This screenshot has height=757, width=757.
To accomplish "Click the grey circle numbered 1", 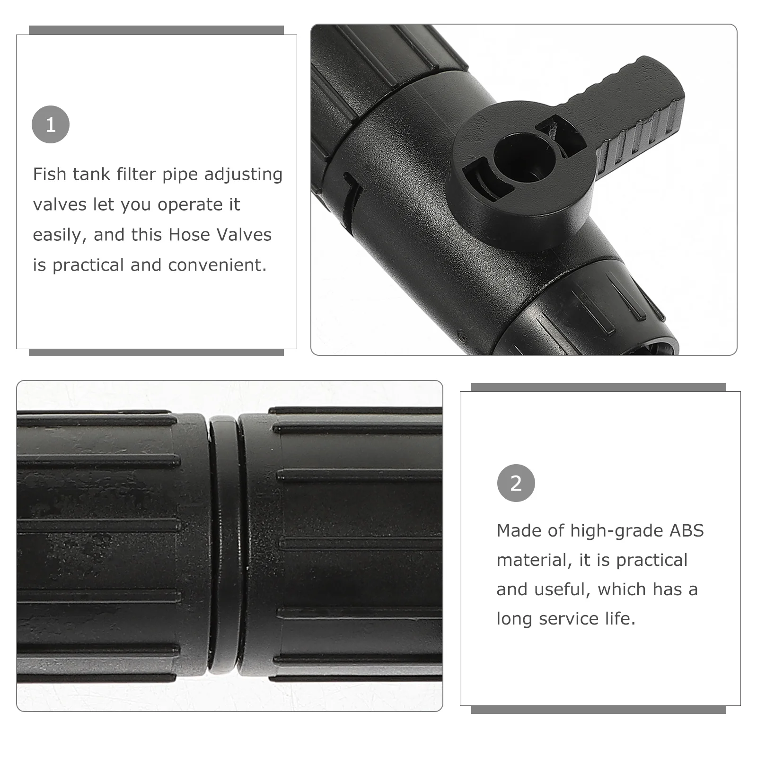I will (51, 124).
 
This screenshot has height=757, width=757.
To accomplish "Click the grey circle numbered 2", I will (516, 483).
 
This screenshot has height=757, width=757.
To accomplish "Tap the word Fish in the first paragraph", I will (49, 174).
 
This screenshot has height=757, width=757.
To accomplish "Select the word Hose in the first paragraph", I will (190, 235).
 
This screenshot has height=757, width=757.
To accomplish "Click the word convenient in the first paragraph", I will (217, 265).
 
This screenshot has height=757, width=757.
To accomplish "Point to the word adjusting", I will (243, 175).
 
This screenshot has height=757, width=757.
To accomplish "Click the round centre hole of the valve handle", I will (522, 156).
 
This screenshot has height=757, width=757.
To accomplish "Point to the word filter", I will (136, 174).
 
